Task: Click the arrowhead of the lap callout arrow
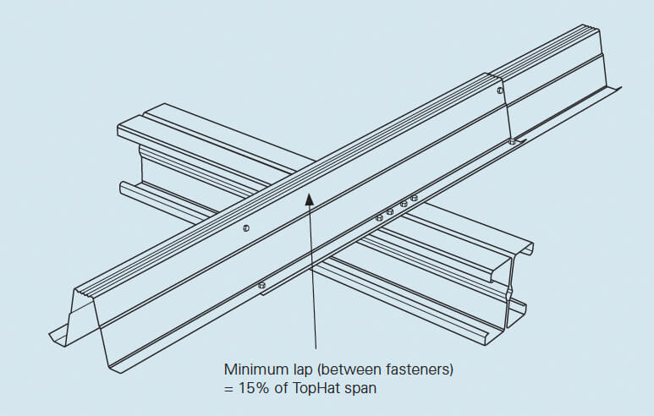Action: (311, 199)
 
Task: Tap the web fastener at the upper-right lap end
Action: (500, 90)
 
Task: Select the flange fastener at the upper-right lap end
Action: (512, 142)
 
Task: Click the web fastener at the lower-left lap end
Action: (245, 227)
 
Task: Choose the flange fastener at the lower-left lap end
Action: (261, 284)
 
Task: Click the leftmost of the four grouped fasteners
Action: (378, 218)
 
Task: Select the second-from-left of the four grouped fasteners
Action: (390, 211)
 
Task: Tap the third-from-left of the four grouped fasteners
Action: (404, 204)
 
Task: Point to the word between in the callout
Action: (338, 369)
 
